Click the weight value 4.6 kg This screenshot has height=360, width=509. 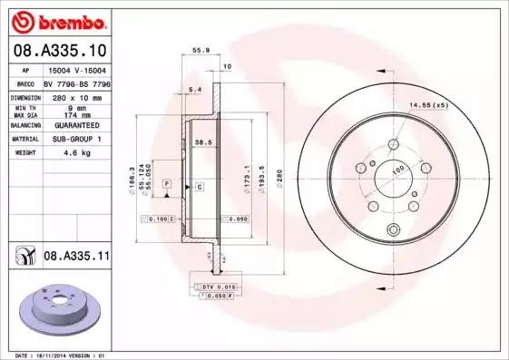83,153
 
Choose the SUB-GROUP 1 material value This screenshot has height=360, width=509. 83,141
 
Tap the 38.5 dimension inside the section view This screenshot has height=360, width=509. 203,142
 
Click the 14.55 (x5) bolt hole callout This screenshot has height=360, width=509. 428,107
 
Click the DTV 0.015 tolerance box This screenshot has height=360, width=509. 214,287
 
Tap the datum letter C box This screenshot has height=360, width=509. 198,186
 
